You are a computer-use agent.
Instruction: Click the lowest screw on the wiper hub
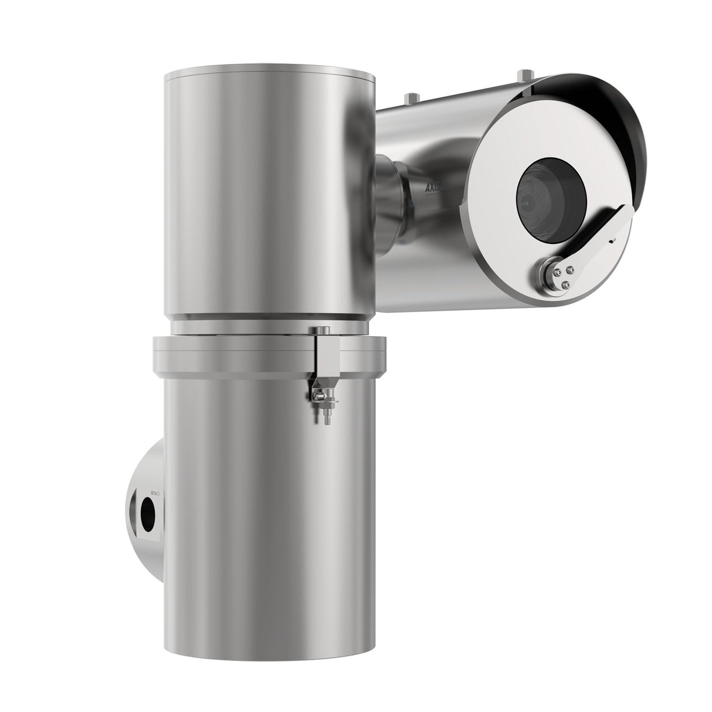[564, 284]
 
